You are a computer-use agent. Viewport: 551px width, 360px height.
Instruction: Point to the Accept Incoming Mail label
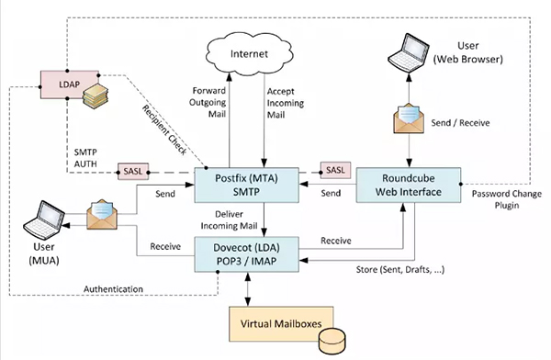(292, 104)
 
